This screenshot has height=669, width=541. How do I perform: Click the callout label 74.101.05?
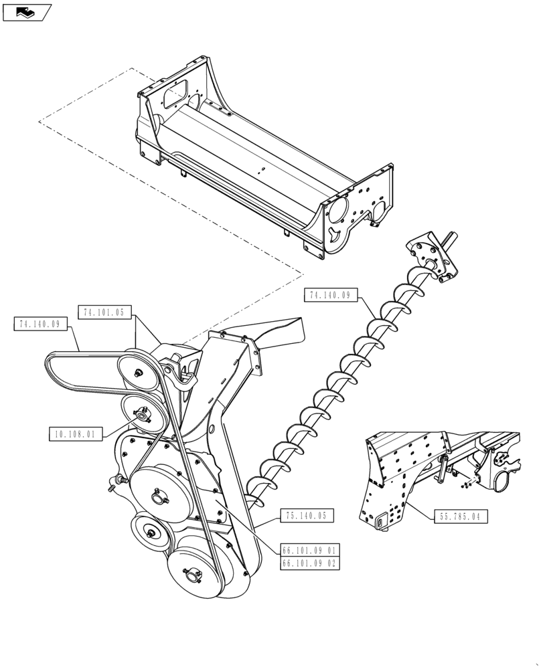point(105,312)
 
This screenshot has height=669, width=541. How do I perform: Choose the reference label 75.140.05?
point(305,516)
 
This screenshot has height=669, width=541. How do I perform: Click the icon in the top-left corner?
point(27,11)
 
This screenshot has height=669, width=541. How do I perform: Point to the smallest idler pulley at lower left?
point(149,531)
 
